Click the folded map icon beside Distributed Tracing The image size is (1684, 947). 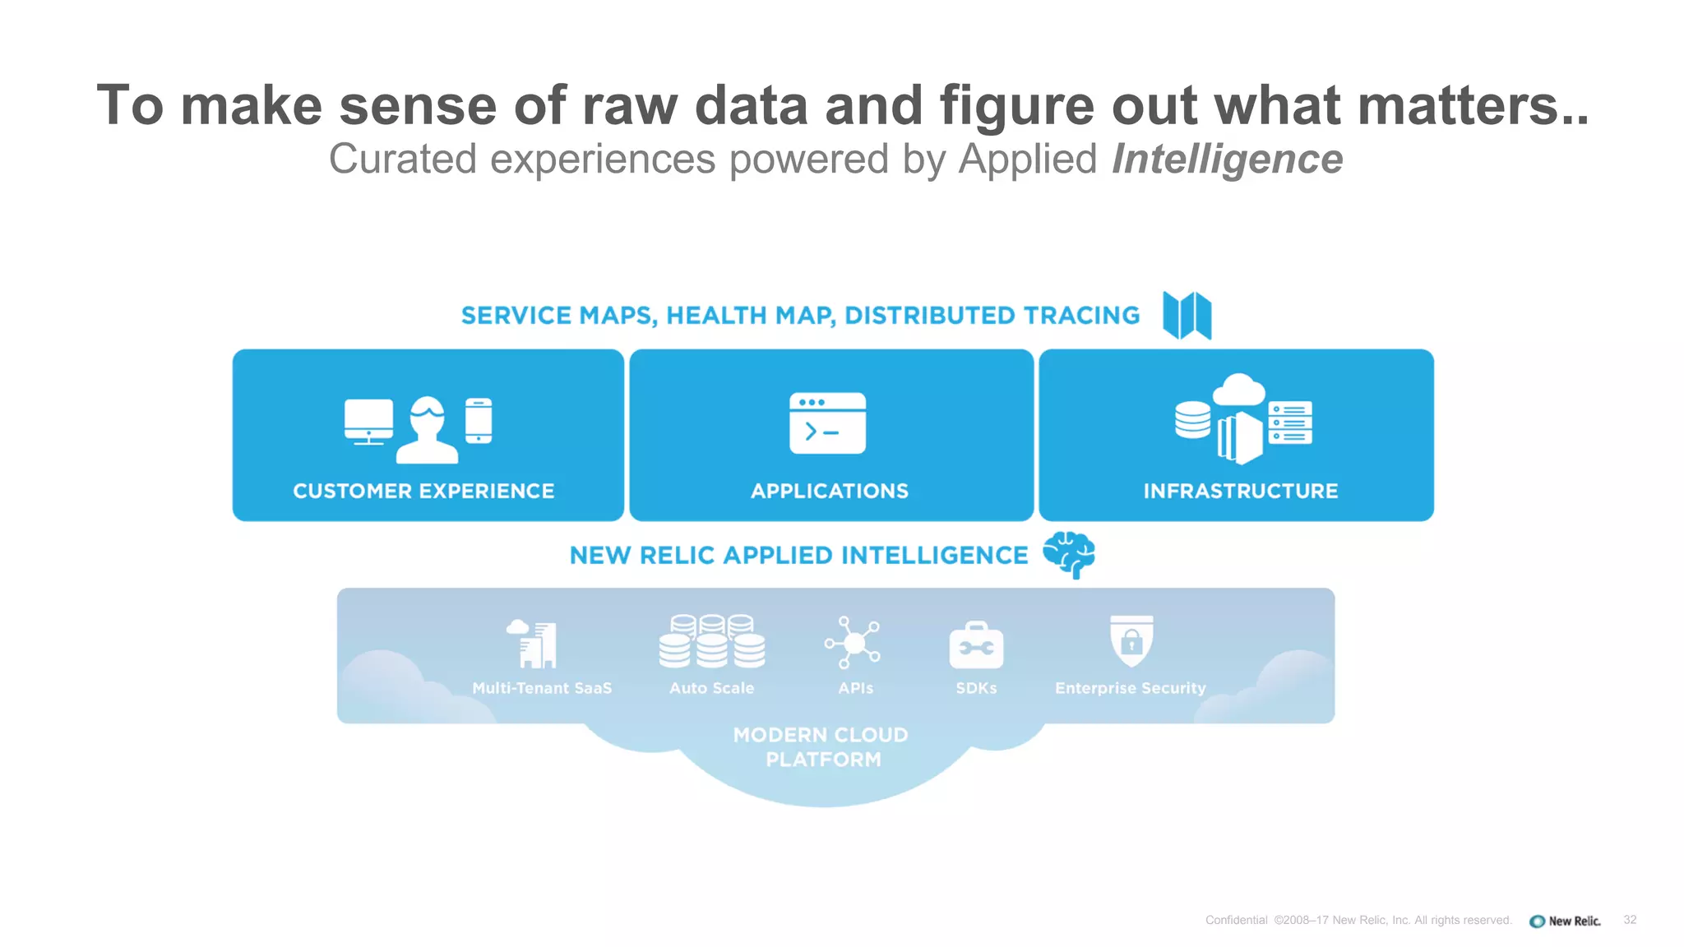[1187, 315]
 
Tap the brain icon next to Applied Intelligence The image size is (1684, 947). [1069, 554]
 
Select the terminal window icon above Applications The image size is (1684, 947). [827, 423]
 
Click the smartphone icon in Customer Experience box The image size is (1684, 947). [479, 420]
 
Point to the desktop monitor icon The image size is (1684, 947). [368, 421]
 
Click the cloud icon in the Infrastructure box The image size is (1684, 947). [1238, 390]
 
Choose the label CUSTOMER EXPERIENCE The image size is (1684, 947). [423, 491]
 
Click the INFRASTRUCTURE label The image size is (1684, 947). [1240, 491]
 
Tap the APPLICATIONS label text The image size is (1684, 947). [830, 491]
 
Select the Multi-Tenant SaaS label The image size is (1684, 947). [542, 688]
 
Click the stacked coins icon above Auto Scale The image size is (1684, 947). [711, 641]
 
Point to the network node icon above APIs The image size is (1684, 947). [853, 642]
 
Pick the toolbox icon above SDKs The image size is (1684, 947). [976, 645]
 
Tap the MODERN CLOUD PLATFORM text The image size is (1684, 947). [821, 746]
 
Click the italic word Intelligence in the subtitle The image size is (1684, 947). [1227, 159]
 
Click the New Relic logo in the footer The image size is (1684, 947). [1565, 921]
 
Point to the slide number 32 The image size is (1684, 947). [1630, 920]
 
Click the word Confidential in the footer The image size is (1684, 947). [1236, 920]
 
